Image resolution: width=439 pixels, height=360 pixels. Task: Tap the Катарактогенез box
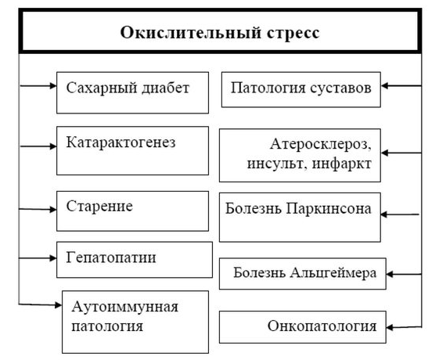pos(133,150)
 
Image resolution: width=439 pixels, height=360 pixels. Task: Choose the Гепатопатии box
pos(134,259)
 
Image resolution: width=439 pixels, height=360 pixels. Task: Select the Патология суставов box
pos(301,90)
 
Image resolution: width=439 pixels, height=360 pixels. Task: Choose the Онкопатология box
pos(301,326)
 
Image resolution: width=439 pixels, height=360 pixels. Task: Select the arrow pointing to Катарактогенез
pos(38,146)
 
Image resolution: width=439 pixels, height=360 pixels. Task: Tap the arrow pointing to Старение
pos(38,209)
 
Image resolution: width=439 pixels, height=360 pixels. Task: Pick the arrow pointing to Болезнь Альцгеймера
pos(404,274)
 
